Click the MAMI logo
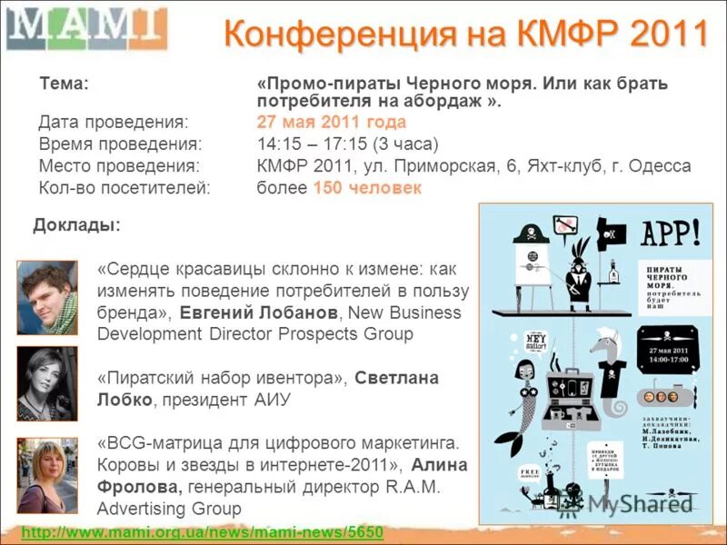tap(86, 29)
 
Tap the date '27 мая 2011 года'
tap(331, 122)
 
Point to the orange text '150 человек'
tap(367, 188)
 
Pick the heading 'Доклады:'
tap(76, 225)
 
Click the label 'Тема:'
tap(64, 84)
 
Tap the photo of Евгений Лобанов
tap(47, 297)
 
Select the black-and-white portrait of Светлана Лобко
tap(47, 383)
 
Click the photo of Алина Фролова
tap(47, 474)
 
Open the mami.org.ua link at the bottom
tap(202, 531)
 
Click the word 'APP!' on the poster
tap(672, 234)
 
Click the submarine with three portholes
tap(666, 395)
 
